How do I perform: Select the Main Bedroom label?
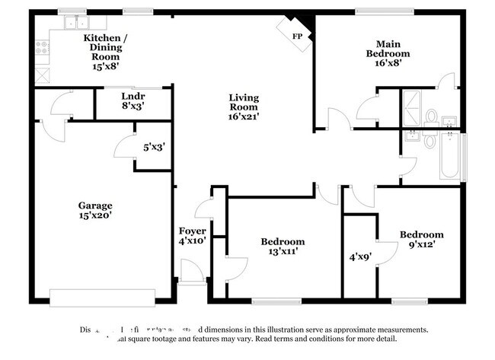(x=388, y=54)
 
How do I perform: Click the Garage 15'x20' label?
(x=95, y=210)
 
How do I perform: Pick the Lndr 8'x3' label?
(x=133, y=101)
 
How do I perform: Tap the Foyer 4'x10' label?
(x=193, y=236)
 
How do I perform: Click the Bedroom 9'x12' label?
(x=421, y=240)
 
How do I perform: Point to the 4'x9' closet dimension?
(x=359, y=257)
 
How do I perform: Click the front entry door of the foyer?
(x=192, y=272)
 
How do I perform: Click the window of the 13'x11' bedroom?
(x=275, y=300)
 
